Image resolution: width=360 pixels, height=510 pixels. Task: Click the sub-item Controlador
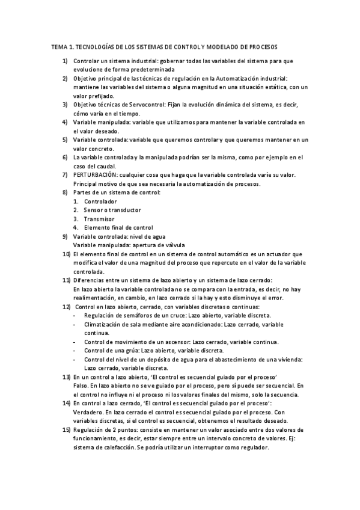(x=100, y=201)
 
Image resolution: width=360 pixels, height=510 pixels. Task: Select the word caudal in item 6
(x=105, y=167)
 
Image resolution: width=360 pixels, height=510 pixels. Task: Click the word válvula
(x=171, y=245)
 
